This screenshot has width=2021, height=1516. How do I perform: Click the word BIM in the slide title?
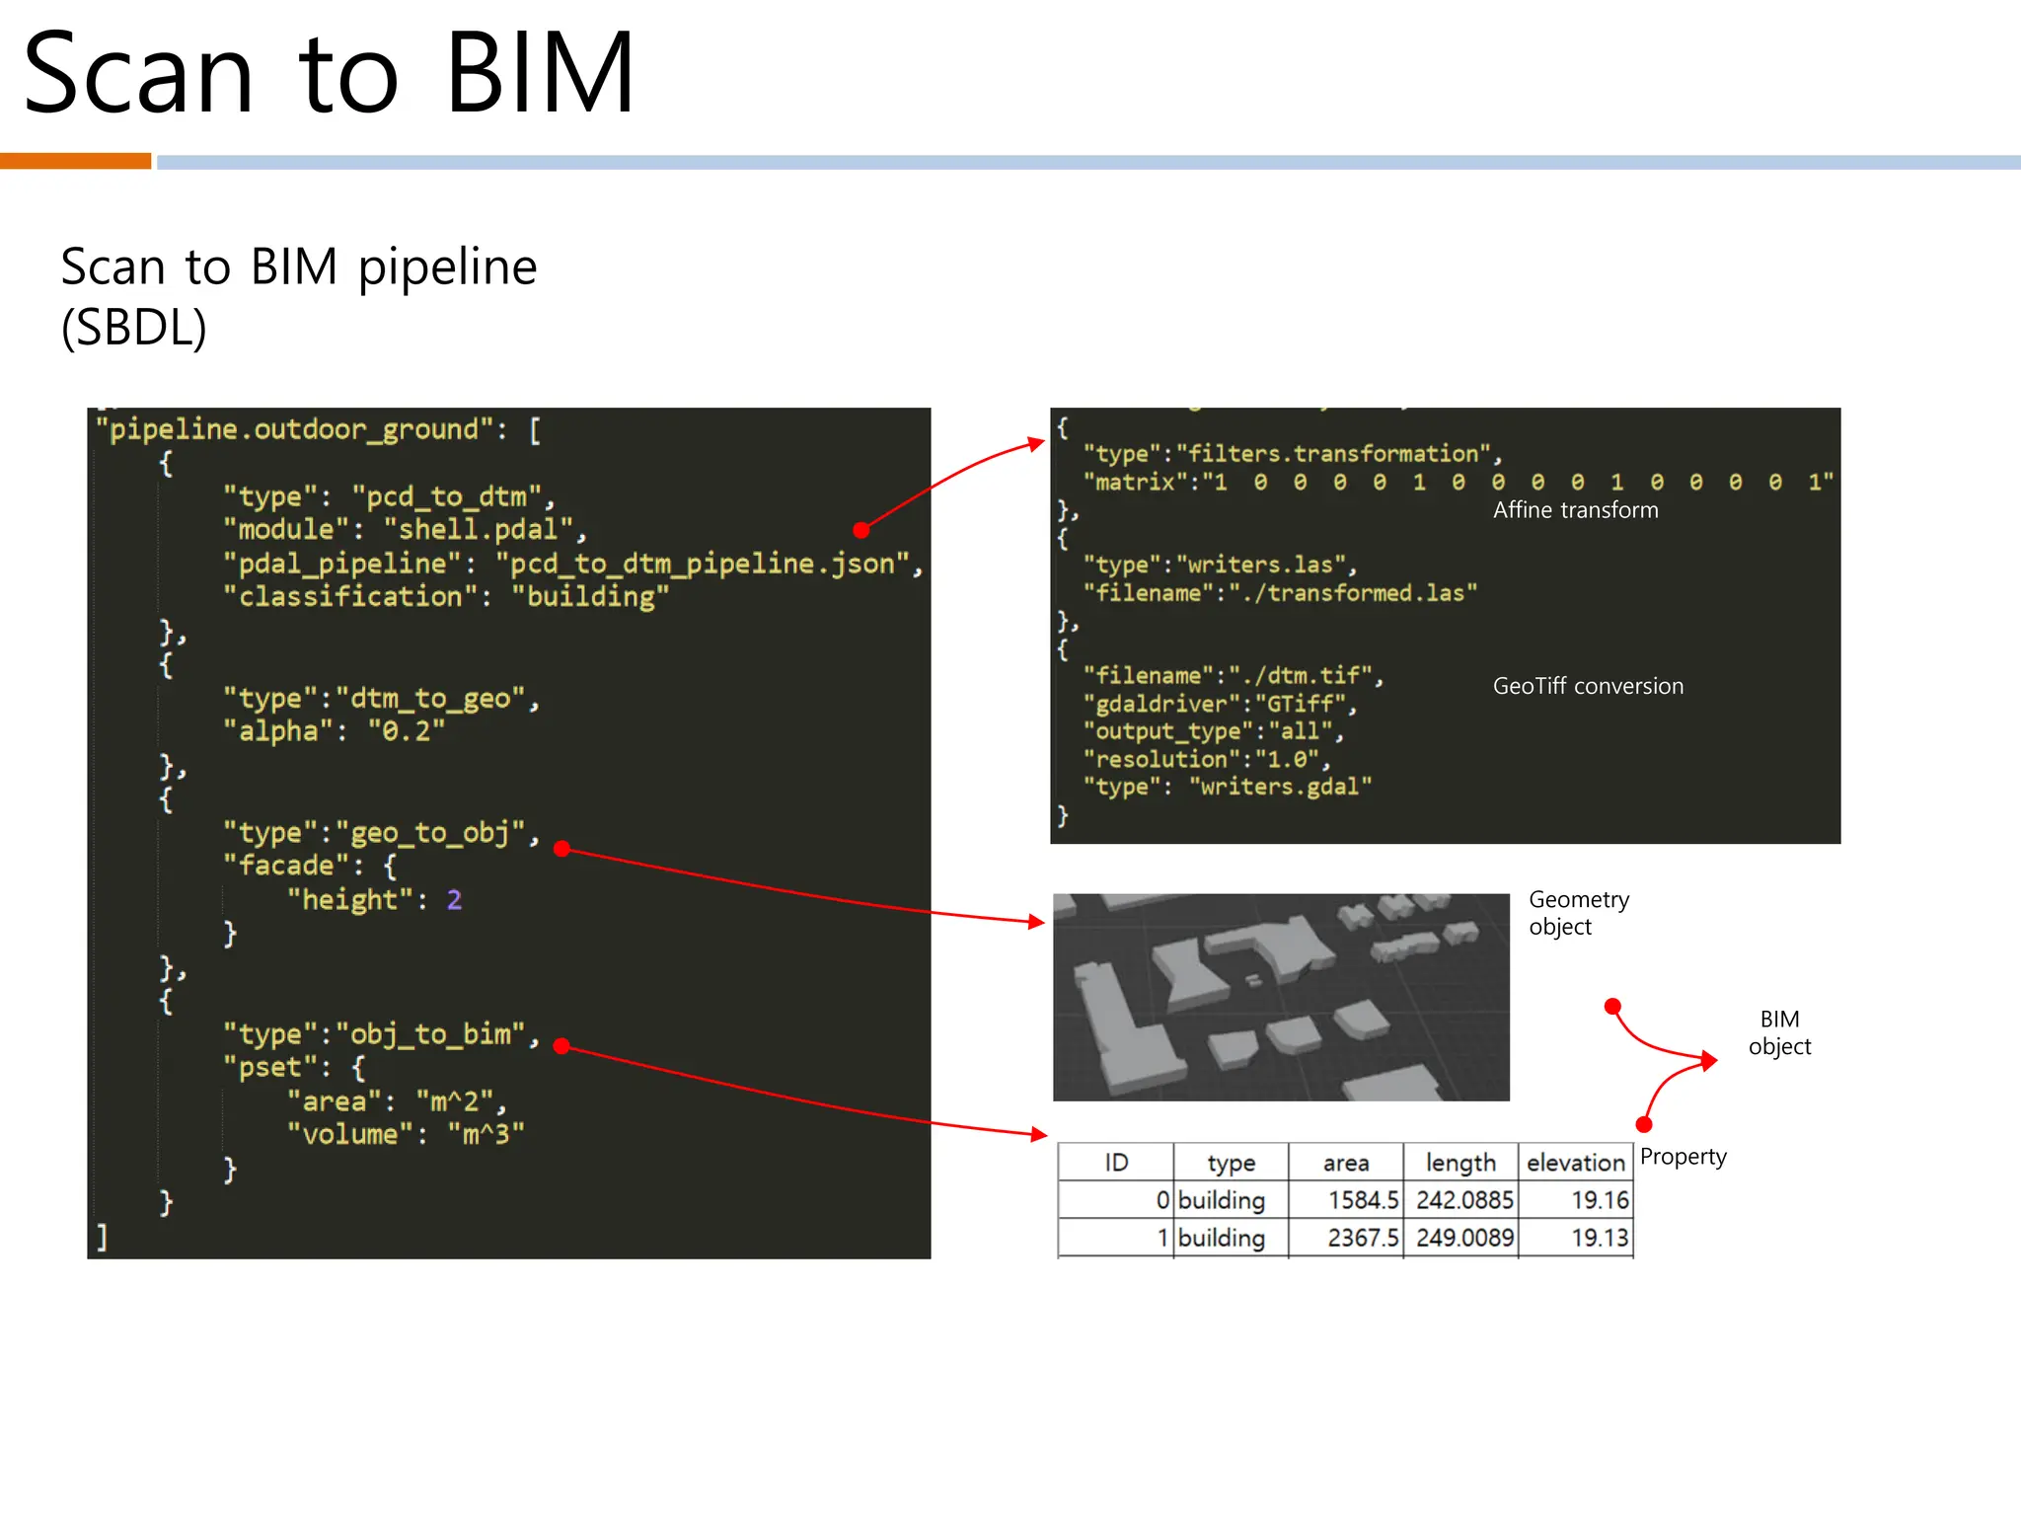pyautogui.click(x=539, y=73)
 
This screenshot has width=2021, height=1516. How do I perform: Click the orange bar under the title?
pyautogui.click(x=75, y=161)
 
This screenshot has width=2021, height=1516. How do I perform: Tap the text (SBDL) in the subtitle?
pyautogui.click(x=134, y=328)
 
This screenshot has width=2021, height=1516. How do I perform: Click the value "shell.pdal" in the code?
pyautogui.click(x=478, y=530)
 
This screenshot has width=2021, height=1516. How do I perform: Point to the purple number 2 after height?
pyautogui.click(x=454, y=899)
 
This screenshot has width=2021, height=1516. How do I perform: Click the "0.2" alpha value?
pyautogui.click(x=406, y=731)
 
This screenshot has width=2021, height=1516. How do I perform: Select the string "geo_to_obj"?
pyautogui.click(x=431, y=833)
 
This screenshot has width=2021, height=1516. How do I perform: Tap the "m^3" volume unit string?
pyautogui.click(x=486, y=1135)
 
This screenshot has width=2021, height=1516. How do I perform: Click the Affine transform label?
pyautogui.click(x=1575, y=510)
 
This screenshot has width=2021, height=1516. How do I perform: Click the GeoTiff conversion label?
pyautogui.click(x=1588, y=686)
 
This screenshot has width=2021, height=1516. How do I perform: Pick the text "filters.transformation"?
pyautogui.click(x=1333, y=454)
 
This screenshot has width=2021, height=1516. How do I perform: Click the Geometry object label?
pyautogui.click(x=1578, y=913)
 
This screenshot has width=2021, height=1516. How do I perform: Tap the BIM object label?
pyautogui.click(x=1779, y=1032)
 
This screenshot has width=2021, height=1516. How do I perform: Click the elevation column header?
pyautogui.click(x=1575, y=1163)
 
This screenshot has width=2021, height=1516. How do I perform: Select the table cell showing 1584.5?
pyautogui.click(x=1363, y=1200)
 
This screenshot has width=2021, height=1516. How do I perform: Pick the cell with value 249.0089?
pyautogui.click(x=1464, y=1238)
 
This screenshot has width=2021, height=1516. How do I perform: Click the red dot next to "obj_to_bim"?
pyautogui.click(x=561, y=1046)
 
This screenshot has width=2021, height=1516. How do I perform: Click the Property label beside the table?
pyautogui.click(x=1683, y=1157)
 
